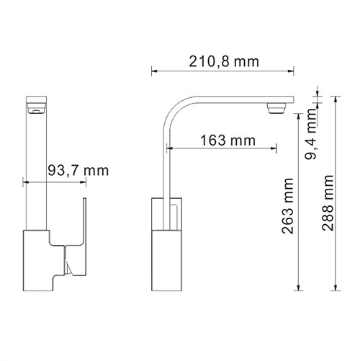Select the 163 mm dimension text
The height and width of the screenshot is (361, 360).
[x=221, y=141]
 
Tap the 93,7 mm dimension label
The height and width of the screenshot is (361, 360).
[x=77, y=171]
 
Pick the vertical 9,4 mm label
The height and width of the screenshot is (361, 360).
[x=312, y=141]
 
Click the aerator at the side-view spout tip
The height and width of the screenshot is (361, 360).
[x=276, y=110]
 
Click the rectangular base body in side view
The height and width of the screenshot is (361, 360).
[x=166, y=245]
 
